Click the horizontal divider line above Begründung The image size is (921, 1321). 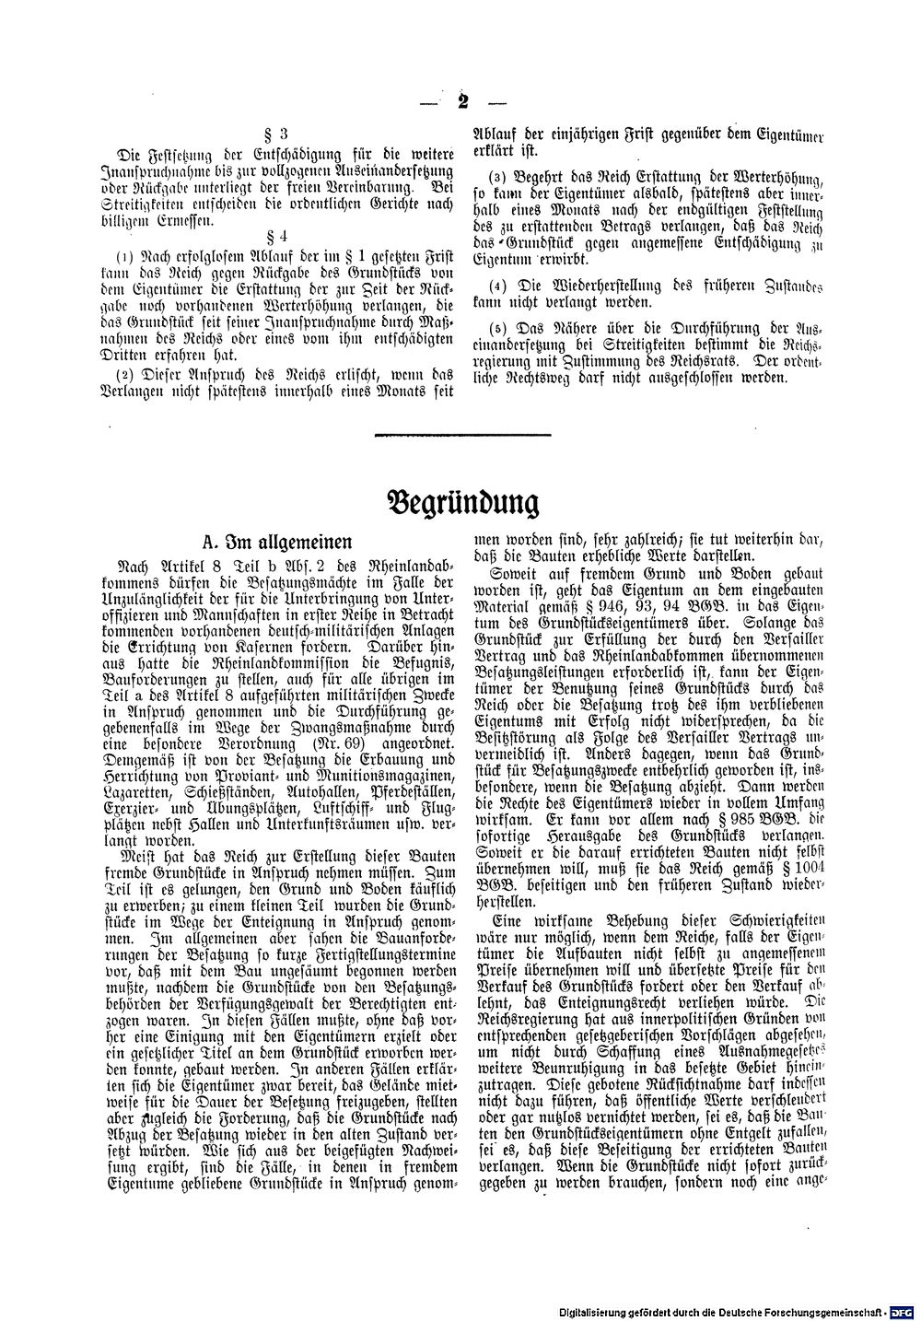click(462, 433)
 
